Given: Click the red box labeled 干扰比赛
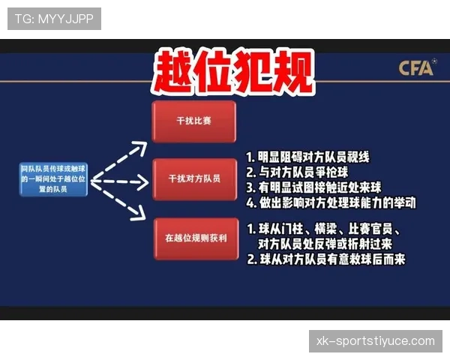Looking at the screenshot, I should point(194,120).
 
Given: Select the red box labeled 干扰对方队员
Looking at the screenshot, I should point(194,178).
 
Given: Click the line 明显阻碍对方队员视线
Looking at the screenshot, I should point(308,157).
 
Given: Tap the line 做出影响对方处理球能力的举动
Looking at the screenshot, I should point(331,202).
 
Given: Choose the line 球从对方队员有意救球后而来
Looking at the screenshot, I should point(325,259).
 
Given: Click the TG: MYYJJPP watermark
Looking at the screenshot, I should point(54,18).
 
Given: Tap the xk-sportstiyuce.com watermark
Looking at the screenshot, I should point(375,341).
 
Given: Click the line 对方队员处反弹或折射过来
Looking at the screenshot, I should point(324,244).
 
